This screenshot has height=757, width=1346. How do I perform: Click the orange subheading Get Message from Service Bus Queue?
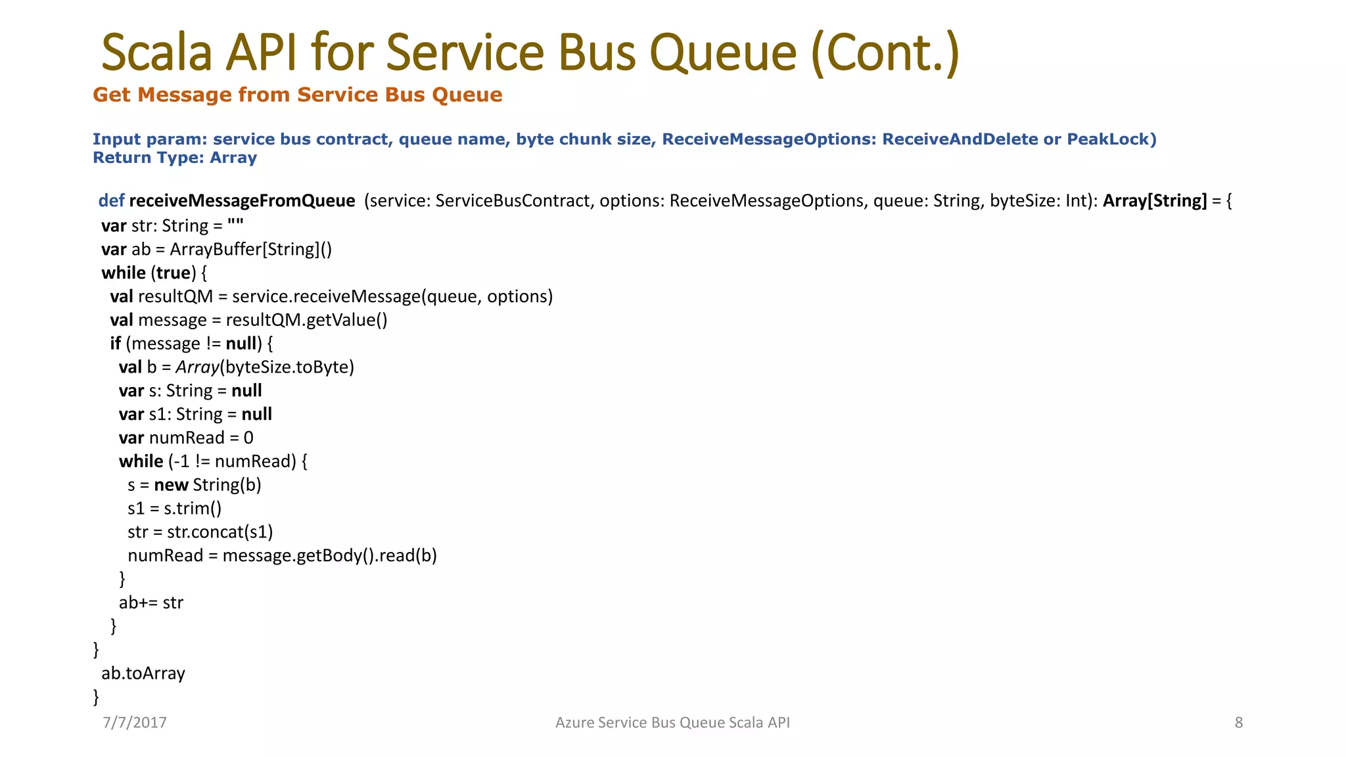[x=297, y=95]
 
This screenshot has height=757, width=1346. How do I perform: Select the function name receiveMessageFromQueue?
[x=242, y=200]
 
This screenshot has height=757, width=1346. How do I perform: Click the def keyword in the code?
[x=111, y=200]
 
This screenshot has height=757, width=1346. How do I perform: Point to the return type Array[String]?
[x=1155, y=200]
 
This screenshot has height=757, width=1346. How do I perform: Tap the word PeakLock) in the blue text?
[x=1111, y=139]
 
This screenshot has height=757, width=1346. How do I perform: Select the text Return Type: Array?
[x=174, y=158]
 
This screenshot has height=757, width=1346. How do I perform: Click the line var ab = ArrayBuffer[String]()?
[x=216, y=250]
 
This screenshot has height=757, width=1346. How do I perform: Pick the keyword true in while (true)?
[x=174, y=273]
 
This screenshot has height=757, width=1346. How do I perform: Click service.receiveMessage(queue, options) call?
[x=392, y=296]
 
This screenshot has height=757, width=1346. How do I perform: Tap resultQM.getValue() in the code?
[x=306, y=320]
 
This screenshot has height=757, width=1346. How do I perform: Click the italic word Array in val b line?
[x=197, y=367]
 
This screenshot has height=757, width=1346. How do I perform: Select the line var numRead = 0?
[x=186, y=438]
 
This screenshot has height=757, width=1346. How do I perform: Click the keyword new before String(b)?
[x=171, y=485]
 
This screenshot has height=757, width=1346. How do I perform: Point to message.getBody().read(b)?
[x=329, y=556]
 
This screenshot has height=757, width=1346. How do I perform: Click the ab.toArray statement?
[x=143, y=674]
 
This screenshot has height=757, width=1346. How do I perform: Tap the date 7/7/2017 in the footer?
[x=135, y=723]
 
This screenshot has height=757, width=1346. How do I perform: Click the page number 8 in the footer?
[x=1238, y=723]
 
